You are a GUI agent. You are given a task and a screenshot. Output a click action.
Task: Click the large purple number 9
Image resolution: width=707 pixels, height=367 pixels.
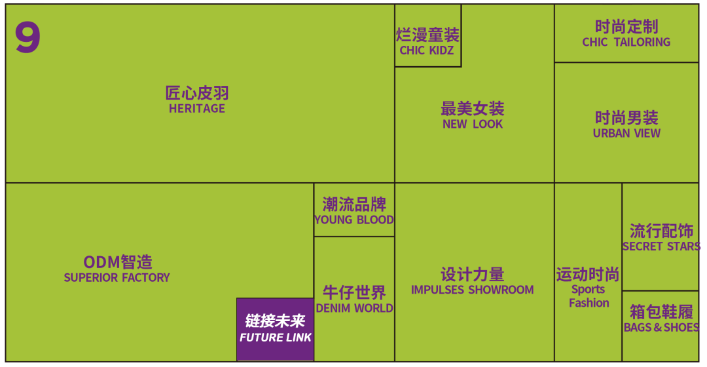(27, 37)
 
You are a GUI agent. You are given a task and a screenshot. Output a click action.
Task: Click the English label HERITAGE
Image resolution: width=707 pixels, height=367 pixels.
(196, 109)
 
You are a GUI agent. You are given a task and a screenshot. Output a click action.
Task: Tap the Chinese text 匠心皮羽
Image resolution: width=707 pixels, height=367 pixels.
(196, 92)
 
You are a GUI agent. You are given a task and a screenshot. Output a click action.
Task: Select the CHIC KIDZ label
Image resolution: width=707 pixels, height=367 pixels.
(427, 50)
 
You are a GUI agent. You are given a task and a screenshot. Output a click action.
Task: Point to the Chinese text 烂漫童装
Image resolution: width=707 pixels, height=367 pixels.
(427, 35)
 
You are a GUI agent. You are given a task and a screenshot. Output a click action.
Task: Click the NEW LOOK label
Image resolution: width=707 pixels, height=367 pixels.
(473, 124)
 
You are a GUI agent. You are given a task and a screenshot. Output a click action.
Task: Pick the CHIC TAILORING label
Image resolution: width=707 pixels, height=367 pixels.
(626, 42)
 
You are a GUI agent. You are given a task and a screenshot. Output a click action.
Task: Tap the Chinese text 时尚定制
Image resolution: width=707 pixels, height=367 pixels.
(626, 27)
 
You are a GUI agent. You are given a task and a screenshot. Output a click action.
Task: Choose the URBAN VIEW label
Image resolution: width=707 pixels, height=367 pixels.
(626, 133)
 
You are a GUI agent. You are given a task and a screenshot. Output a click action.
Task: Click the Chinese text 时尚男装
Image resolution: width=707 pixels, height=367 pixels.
(626, 118)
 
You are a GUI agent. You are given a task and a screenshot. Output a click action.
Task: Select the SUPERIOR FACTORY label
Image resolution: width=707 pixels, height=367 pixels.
(117, 278)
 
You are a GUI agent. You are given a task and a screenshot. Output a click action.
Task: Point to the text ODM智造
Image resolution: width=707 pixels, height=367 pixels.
(118, 262)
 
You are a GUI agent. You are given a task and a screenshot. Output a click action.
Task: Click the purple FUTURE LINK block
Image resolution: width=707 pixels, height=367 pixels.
(275, 329)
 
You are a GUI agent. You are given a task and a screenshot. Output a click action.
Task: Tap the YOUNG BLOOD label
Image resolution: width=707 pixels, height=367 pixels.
(354, 220)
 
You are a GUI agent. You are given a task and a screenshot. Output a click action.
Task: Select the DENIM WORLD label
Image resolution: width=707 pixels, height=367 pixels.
(354, 308)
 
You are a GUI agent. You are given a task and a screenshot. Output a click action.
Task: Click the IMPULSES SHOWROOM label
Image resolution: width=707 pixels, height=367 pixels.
(472, 290)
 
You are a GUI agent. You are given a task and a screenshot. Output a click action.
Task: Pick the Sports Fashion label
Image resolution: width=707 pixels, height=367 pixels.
(589, 296)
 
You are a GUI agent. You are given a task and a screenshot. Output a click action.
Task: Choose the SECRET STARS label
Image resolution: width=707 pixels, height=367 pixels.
(661, 247)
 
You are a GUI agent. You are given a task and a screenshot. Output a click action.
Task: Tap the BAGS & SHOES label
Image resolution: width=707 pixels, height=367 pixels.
(661, 327)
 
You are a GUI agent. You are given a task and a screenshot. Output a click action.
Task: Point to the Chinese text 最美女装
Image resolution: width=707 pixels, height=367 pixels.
(473, 108)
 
